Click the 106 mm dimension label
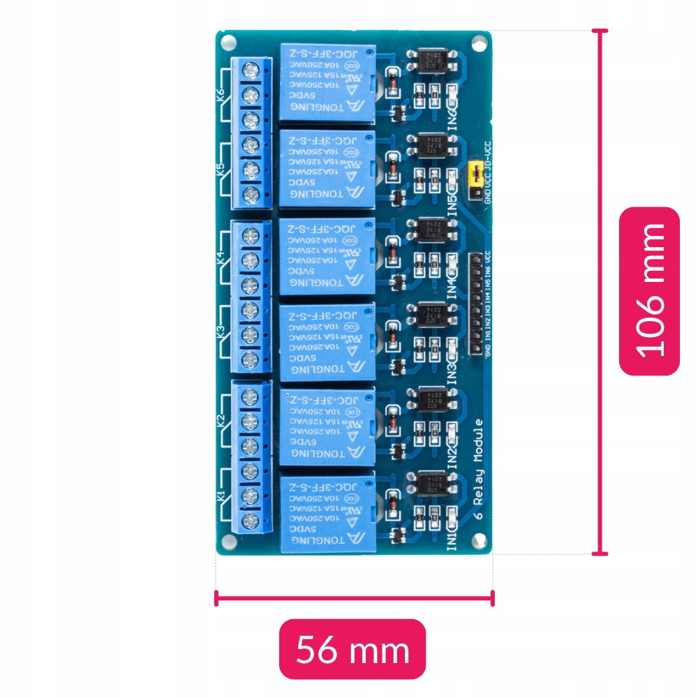[x=649, y=291]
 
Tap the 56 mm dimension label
[x=352, y=649]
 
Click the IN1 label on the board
[x=452, y=540]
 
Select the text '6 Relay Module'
[x=479, y=469]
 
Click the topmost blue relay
[x=327, y=82]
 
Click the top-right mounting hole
[x=478, y=44]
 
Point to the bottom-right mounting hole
[x=479, y=540]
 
